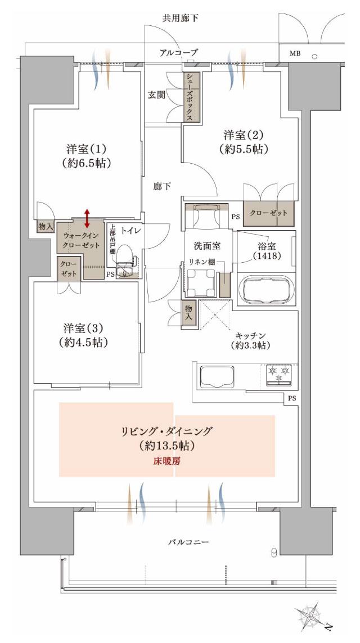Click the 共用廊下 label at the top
[x=180, y=18]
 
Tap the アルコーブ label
[x=178, y=52]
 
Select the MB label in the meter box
[x=295, y=54]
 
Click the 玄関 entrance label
[x=156, y=95]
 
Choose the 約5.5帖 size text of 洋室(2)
[x=244, y=150]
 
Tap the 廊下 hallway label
[x=162, y=186]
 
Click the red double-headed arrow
[x=87, y=217]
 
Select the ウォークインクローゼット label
[x=82, y=241]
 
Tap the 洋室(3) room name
[x=86, y=328]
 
